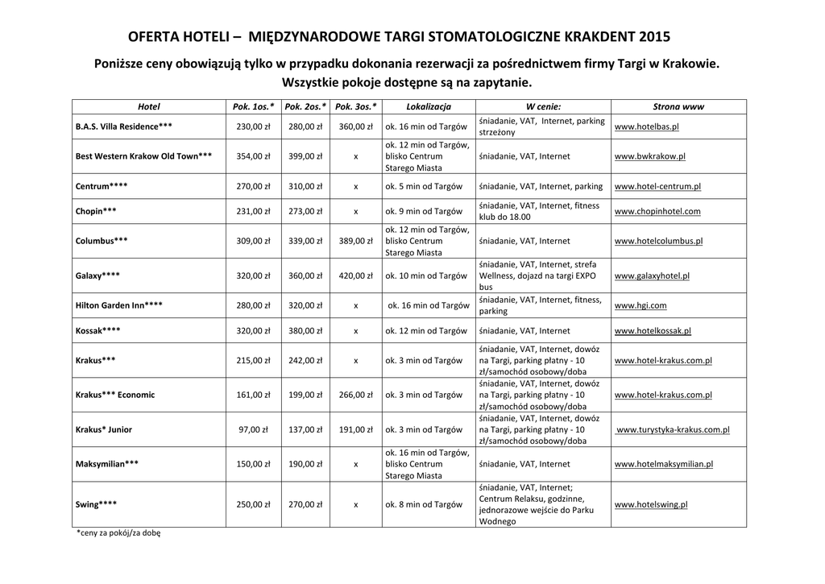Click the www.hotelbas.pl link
coord(646,126)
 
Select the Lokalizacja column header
coord(429,106)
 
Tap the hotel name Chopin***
coord(96,211)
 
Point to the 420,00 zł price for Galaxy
coord(355,275)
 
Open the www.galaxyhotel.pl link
coord(652,275)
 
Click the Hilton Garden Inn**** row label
coord(118,305)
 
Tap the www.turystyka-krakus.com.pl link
coord(673,429)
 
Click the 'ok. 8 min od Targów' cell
coord(424,504)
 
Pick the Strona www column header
coord(678,106)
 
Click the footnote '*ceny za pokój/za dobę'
coord(118,533)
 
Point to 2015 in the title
coord(653,37)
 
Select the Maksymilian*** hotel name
coord(106,464)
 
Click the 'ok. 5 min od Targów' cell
coord(424,186)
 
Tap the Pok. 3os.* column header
coord(355,106)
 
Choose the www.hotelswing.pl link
coord(650,504)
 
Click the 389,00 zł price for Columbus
coord(355,241)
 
